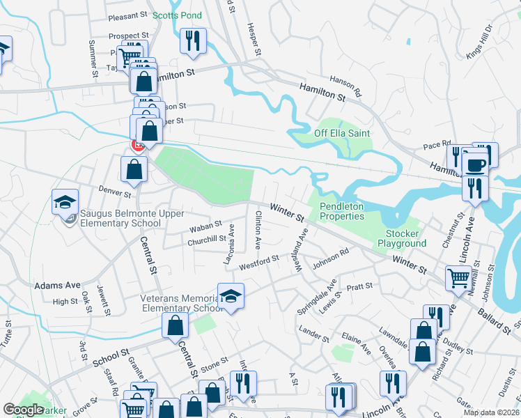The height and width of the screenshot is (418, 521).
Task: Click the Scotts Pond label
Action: click(177, 15)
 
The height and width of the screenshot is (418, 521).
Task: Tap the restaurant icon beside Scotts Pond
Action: click(191, 40)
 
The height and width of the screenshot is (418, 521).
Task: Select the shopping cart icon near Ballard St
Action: click(459, 277)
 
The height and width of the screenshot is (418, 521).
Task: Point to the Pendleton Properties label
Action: click(342, 211)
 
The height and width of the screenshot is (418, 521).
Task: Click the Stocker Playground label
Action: click(402, 238)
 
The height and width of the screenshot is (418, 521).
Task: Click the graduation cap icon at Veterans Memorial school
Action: click(231, 295)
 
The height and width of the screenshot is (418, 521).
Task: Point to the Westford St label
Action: click(258, 262)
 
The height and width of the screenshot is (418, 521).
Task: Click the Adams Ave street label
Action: click(57, 286)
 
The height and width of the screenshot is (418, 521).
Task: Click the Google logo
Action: click(23, 410)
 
